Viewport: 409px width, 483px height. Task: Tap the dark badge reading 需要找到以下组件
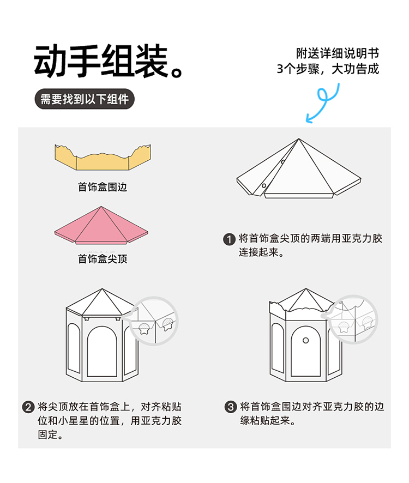[85, 99]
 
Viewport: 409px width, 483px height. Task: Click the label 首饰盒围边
[103, 187]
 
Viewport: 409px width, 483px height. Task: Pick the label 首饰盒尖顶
[103, 258]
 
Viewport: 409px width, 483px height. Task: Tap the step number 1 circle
[230, 239]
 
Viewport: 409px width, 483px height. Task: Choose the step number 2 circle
[28, 407]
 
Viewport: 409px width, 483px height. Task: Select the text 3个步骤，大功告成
[328, 69]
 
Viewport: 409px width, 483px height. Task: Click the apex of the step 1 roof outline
[298, 140]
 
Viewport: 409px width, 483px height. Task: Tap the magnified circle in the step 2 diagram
[155, 321]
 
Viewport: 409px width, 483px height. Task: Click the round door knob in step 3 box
[306, 340]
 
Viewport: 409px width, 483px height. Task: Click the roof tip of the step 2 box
[101, 289]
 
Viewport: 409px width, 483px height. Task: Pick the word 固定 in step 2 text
[47, 435]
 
